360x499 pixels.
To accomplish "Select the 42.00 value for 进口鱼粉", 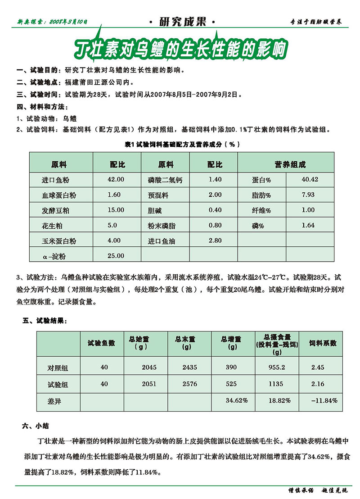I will pyautogui.click(x=116, y=179).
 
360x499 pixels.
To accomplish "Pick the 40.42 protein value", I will pyautogui.click(x=310, y=179).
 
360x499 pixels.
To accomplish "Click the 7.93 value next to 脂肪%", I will pyautogui.click(x=308, y=195).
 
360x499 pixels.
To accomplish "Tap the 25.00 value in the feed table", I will pyautogui.click(x=116, y=256).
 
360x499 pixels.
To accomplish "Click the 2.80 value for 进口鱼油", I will pyautogui.click(x=215, y=240).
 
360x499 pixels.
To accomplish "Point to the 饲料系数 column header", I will pyautogui.click(x=323, y=343).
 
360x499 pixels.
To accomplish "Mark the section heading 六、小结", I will pyautogui.click(x=32, y=425).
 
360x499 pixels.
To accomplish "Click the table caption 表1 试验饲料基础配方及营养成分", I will pyautogui.click(x=179, y=144).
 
